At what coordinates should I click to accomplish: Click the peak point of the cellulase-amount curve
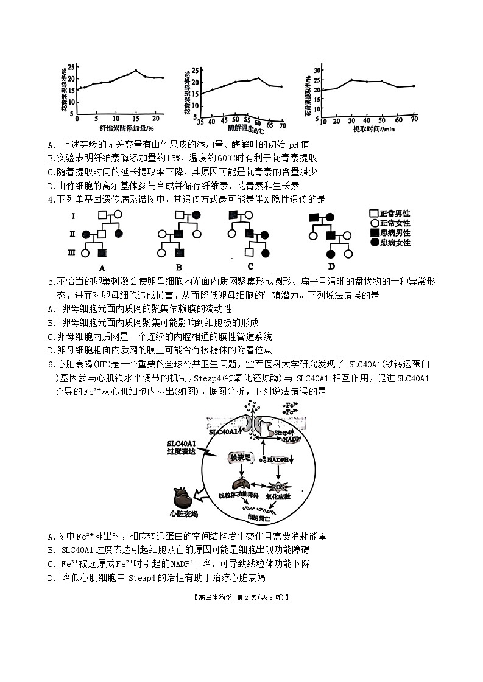[x=136, y=71]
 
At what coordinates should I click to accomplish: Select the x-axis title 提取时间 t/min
[x=373, y=129]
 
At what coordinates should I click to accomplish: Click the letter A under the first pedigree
[x=102, y=266]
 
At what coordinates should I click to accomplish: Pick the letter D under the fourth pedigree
[x=331, y=266]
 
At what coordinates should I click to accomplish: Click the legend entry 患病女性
[x=394, y=243]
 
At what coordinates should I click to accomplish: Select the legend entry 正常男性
[x=394, y=214]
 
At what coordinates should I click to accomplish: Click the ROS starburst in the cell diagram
[x=294, y=486]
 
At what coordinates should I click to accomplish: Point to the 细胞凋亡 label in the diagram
[x=261, y=517]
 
